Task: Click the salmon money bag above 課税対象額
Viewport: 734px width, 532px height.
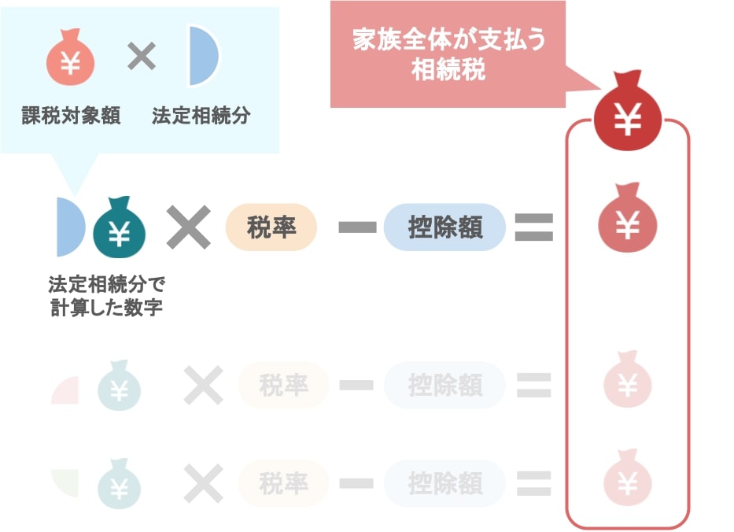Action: coord(70,57)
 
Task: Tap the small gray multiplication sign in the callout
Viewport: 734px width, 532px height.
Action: coord(142,56)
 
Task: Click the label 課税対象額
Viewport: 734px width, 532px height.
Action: coord(71,116)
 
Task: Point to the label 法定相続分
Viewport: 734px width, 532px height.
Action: coord(201,116)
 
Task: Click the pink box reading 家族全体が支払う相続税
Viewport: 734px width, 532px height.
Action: coord(448,54)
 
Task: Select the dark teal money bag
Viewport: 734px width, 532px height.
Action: coord(120,227)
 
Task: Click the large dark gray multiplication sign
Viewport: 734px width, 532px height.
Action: coord(189,227)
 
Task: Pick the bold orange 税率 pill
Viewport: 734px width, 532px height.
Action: coord(271,227)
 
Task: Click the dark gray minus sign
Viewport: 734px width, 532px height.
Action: coord(358,227)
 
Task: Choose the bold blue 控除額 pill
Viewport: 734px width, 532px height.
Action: coord(444,227)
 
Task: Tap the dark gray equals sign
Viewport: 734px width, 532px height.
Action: coord(534,227)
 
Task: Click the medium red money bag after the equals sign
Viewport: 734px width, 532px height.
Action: coord(627,218)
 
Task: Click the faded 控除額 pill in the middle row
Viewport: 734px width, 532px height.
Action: coord(444,385)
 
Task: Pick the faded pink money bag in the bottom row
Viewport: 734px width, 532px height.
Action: coord(627,478)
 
